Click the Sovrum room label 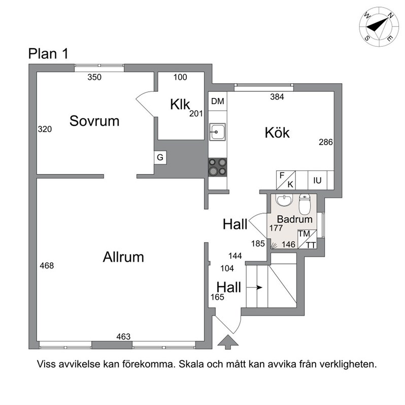pos(94,121)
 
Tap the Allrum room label pos(123,257)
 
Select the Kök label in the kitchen pos(277,132)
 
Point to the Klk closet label pos(180,105)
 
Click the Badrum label pos(295,219)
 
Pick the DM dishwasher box pos(218,102)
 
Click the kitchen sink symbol pos(217,132)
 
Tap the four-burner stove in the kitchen pos(218,167)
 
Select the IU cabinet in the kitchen pos(317,180)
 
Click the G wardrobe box pos(160,157)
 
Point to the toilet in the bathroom pos(305,205)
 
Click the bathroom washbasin pos(284,200)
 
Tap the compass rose pos(375,27)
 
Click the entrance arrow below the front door pos(228,342)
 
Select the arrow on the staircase pos(254,287)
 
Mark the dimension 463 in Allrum pos(123,336)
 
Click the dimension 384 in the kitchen pos(277,97)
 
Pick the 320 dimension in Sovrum pos(45,129)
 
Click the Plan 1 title pos(48,54)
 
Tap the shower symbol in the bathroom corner pos(274,245)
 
